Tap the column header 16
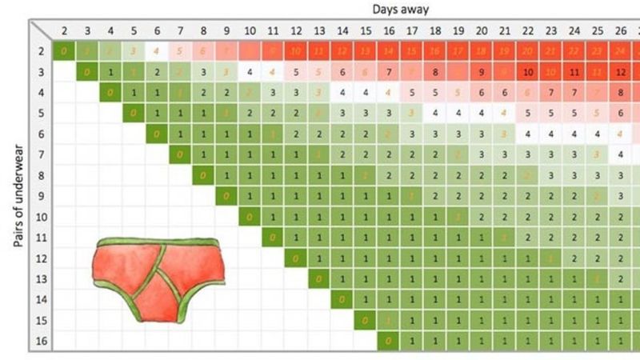[389, 32]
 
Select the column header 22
[528, 32]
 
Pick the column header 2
[63, 32]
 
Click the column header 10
[250, 32]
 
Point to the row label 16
[42, 341]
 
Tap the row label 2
[42, 52]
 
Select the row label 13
[42, 278]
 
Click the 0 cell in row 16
[389, 341]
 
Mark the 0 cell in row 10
[250, 217]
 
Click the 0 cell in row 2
[63, 52]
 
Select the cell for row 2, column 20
[482, 52]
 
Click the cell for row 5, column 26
[621, 114]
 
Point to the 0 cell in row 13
[319, 278]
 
